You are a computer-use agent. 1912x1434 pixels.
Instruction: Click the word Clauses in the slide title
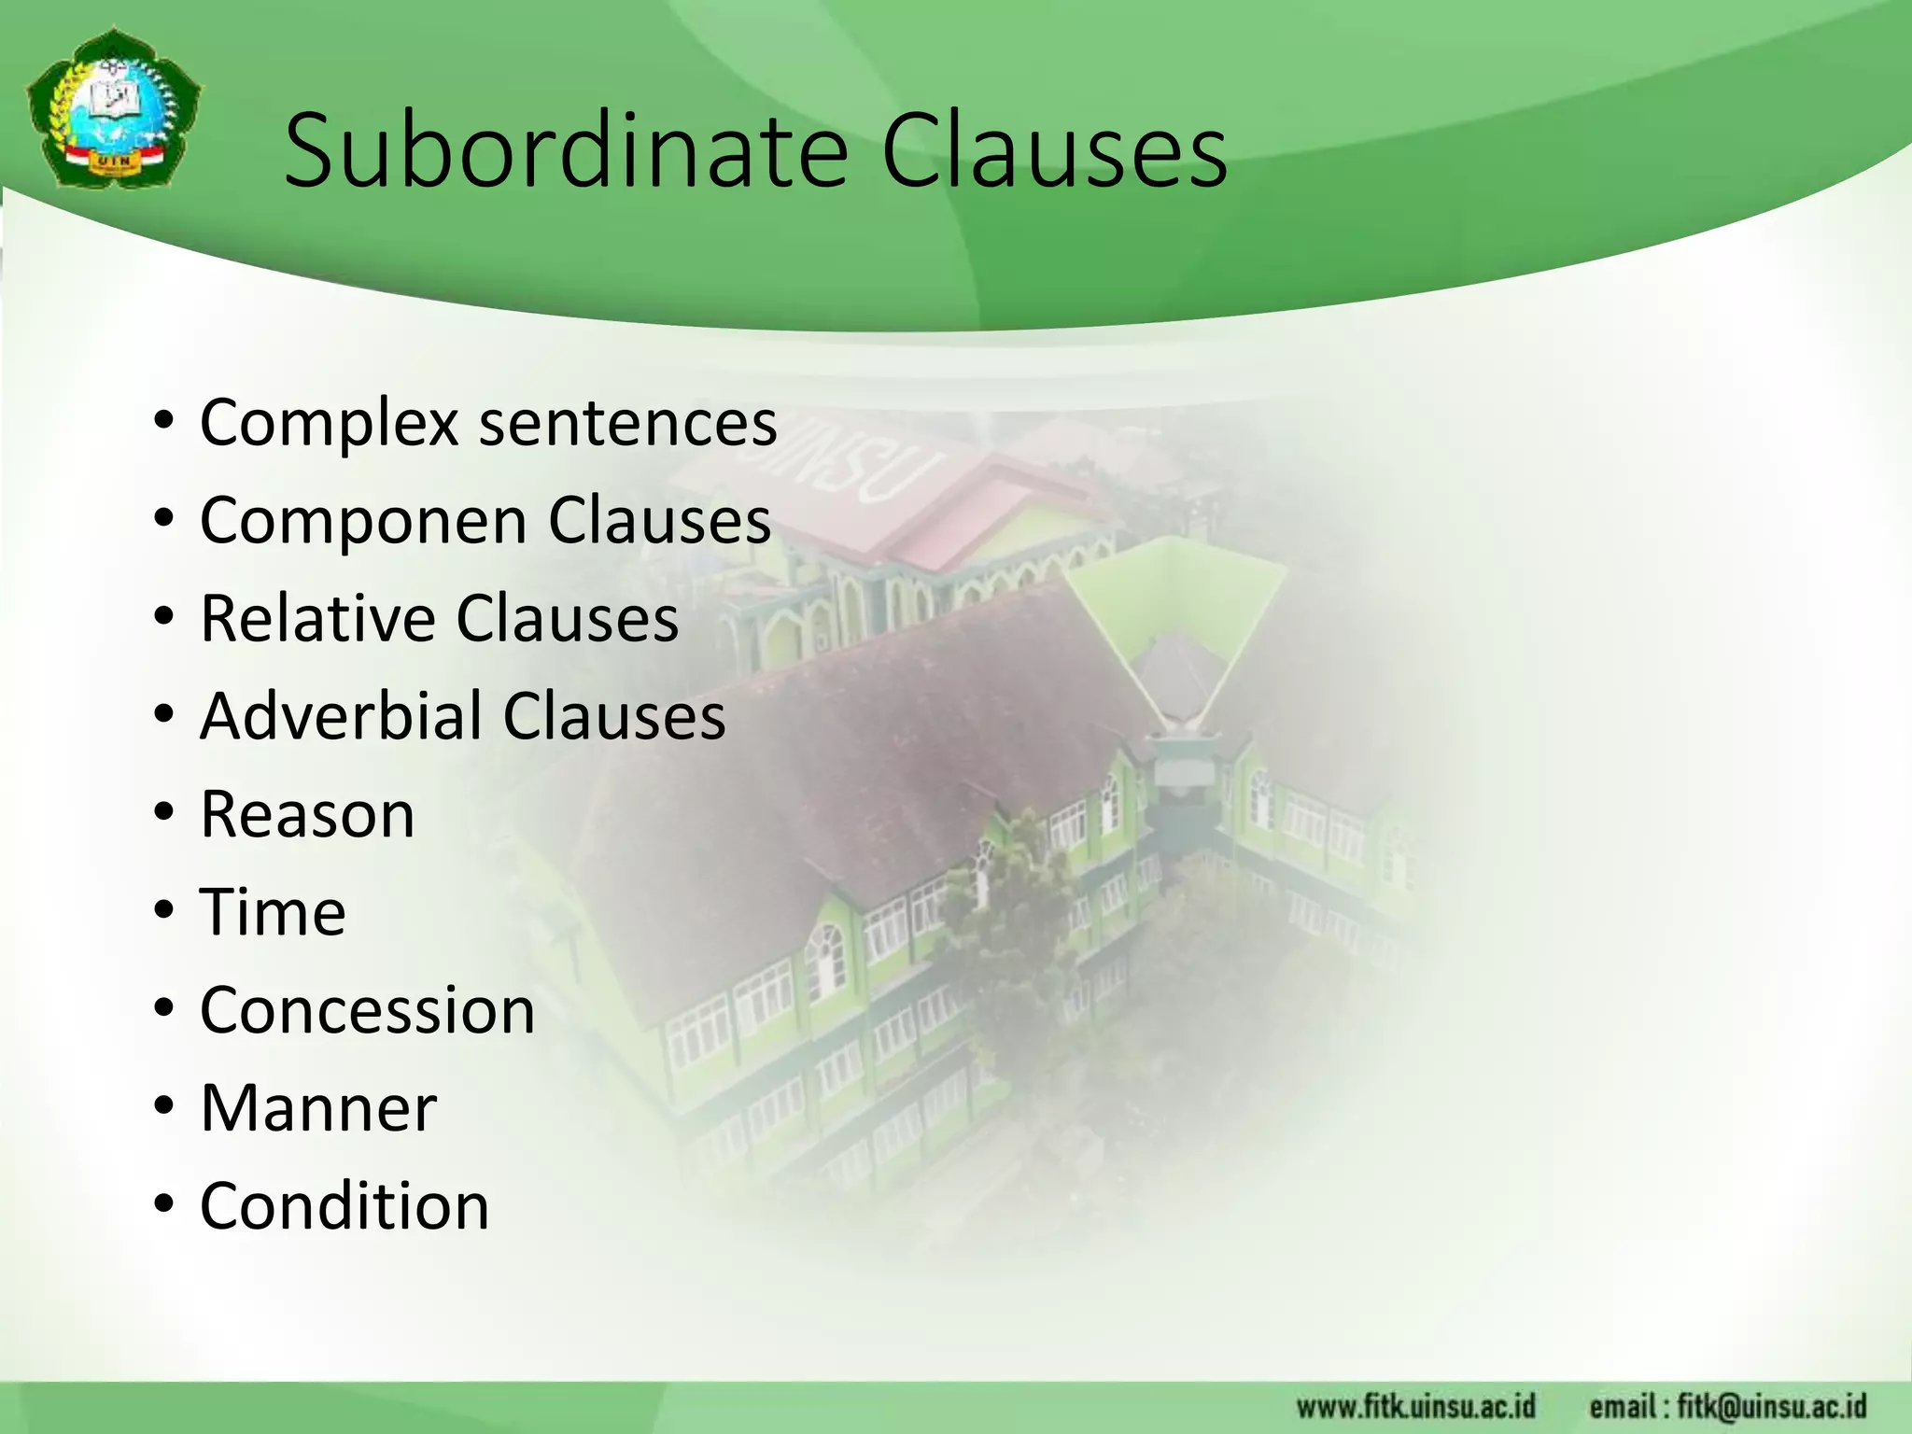(1054, 151)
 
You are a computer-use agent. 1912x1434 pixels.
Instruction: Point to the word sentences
(628, 423)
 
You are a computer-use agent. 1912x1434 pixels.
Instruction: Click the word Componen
(365, 521)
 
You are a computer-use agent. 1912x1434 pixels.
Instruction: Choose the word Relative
(318, 618)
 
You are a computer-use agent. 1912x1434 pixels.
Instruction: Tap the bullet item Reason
(307, 814)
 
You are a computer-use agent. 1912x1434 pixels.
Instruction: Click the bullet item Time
(273, 912)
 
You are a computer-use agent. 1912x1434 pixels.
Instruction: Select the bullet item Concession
(367, 1010)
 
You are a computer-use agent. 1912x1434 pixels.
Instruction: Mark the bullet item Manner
(318, 1108)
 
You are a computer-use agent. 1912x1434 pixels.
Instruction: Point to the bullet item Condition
(344, 1206)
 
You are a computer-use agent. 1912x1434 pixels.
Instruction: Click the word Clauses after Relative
(567, 618)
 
